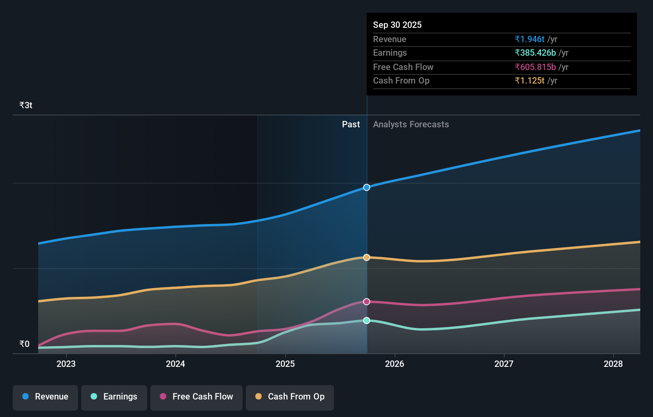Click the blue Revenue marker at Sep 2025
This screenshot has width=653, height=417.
(367, 187)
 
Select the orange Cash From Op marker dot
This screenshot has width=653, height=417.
(367, 257)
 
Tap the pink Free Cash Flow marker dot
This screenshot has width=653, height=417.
(367, 302)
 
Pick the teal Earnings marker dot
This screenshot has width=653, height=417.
(367, 320)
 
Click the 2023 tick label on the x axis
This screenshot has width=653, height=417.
(66, 364)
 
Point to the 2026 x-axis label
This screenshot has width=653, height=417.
(395, 364)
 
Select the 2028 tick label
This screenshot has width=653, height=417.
(613, 364)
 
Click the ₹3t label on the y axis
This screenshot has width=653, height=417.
(26, 105)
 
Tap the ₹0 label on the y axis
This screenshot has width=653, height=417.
(24, 344)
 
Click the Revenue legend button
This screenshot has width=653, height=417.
(45, 397)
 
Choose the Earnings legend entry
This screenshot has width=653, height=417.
(114, 397)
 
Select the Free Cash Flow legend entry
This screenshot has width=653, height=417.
(196, 397)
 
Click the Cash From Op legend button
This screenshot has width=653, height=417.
(290, 397)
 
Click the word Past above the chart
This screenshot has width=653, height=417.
(351, 124)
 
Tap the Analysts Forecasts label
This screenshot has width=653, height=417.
(411, 124)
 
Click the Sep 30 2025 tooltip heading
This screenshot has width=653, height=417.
(397, 25)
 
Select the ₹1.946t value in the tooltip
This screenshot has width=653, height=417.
(529, 39)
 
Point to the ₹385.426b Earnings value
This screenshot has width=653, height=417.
(535, 53)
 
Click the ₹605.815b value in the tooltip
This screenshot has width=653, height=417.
(535, 67)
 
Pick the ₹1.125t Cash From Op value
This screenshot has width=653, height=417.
(529, 80)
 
